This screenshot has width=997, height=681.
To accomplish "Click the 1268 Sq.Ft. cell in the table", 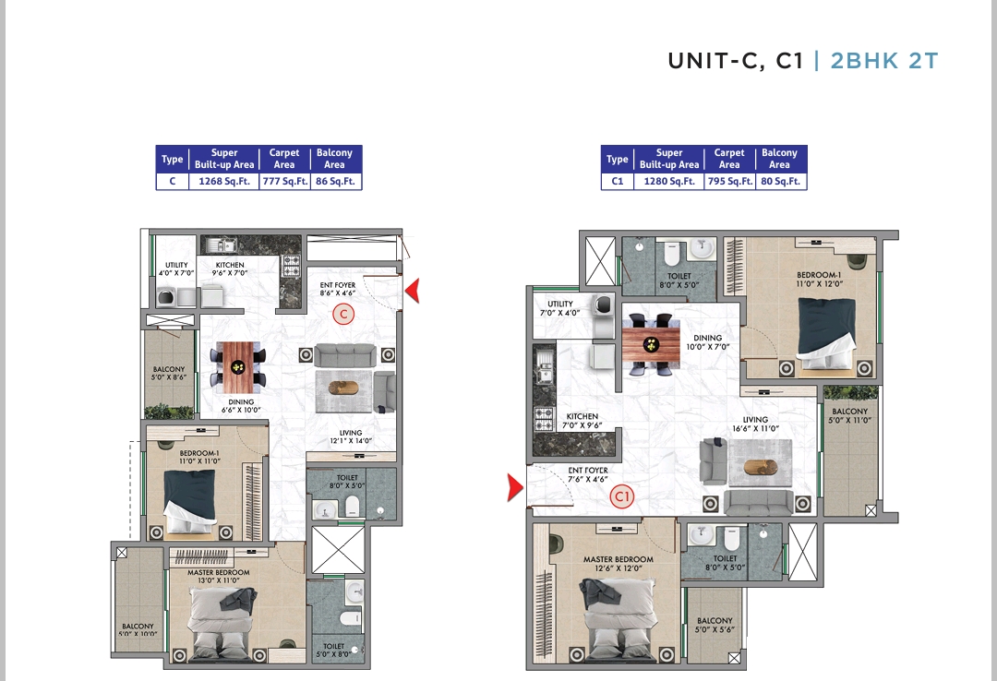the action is click(x=223, y=181).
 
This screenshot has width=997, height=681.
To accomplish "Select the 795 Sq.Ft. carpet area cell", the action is click(x=730, y=181).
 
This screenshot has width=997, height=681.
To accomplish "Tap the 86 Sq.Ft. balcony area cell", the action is click(x=336, y=181).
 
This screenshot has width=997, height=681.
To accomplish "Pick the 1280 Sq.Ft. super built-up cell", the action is click(x=669, y=181).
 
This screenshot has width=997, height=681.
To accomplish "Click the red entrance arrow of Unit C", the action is click(x=413, y=291).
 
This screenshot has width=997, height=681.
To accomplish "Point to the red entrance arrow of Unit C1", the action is click(x=515, y=488).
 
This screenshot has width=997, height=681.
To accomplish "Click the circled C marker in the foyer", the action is click(x=344, y=314).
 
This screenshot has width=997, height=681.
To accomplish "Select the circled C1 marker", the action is click(x=622, y=496).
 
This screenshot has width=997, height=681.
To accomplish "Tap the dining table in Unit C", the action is click(x=238, y=367).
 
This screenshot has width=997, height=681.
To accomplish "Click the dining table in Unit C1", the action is click(x=651, y=344).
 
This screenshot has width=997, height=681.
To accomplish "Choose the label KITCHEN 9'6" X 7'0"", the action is click(x=230, y=269).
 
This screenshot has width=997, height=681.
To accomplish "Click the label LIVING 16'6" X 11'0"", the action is click(x=755, y=424).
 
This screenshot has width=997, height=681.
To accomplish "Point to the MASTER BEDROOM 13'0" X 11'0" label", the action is click(x=218, y=576).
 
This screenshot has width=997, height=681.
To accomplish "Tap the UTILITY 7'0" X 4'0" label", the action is click(x=560, y=308).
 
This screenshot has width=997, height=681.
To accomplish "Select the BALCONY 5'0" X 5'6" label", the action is click(x=715, y=625).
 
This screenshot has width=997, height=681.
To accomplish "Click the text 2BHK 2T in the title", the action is click(x=884, y=60).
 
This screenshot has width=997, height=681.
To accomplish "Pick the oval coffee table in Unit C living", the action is click(x=344, y=387).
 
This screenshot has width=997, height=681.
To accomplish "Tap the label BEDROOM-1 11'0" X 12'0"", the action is click(x=819, y=280).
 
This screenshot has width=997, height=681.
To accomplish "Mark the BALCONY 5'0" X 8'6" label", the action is click(x=169, y=373).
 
